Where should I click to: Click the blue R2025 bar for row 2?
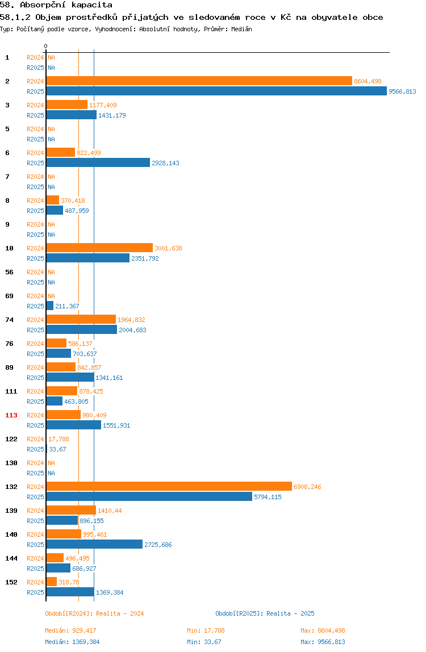216,91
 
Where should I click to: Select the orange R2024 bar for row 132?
169,486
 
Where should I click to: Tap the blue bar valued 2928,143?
98,162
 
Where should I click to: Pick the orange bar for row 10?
99,248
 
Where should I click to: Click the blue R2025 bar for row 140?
94,544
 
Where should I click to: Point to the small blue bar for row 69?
50,306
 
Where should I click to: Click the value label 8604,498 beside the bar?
367,82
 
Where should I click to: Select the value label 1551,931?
116,425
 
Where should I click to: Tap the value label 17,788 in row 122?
59,439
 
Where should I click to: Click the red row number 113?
11,415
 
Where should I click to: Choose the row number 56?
9,272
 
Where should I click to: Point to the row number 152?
11,582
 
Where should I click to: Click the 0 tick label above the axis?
46,46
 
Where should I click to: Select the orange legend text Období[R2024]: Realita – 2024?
94,613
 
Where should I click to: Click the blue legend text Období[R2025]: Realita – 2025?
265,613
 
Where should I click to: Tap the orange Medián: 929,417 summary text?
71,630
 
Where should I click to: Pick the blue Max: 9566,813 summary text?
323,642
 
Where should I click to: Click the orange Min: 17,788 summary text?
206,630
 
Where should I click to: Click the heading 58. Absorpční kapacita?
56,5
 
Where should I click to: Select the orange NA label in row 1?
51,57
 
